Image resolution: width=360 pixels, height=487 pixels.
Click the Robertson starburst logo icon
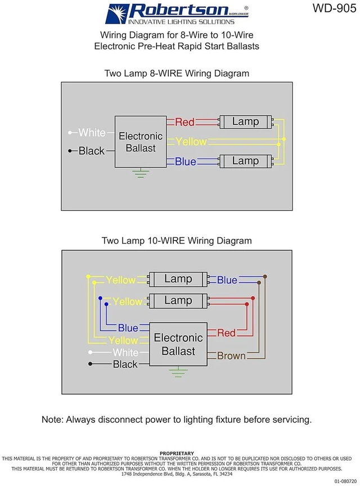click(x=117, y=13)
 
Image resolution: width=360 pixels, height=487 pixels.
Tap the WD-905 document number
click(x=334, y=8)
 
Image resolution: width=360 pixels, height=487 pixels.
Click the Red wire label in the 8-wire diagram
click(x=185, y=122)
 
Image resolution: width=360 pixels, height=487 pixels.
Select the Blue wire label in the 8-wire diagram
click(x=186, y=161)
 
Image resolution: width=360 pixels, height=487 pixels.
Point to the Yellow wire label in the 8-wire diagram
click(x=191, y=142)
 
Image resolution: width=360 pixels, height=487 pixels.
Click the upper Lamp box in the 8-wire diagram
click(x=245, y=121)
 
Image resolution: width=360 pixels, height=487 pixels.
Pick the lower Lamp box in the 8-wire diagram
click(x=245, y=161)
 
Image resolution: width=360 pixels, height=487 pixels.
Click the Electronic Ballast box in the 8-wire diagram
click(x=141, y=142)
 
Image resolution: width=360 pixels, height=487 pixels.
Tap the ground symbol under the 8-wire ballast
click(x=141, y=173)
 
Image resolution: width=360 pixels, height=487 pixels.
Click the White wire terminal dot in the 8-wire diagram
click(x=70, y=133)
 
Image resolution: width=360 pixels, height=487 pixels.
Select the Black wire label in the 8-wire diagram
click(x=92, y=151)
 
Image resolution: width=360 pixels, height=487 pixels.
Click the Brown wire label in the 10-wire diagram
click(x=231, y=355)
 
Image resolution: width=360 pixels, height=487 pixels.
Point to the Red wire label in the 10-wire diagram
click(x=226, y=333)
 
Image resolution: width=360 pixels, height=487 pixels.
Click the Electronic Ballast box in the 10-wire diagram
click(x=178, y=344)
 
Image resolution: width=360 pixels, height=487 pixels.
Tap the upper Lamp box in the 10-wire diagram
click(x=178, y=279)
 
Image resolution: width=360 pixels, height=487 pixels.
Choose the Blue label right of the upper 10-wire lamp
click(x=227, y=280)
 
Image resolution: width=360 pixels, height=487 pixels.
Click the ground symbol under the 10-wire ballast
click(x=178, y=372)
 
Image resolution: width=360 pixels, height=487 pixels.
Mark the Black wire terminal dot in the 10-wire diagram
click(x=90, y=364)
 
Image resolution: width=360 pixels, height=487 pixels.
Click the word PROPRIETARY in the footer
click(x=177, y=453)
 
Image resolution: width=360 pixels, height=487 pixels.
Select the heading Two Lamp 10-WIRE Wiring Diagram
click(x=177, y=241)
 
